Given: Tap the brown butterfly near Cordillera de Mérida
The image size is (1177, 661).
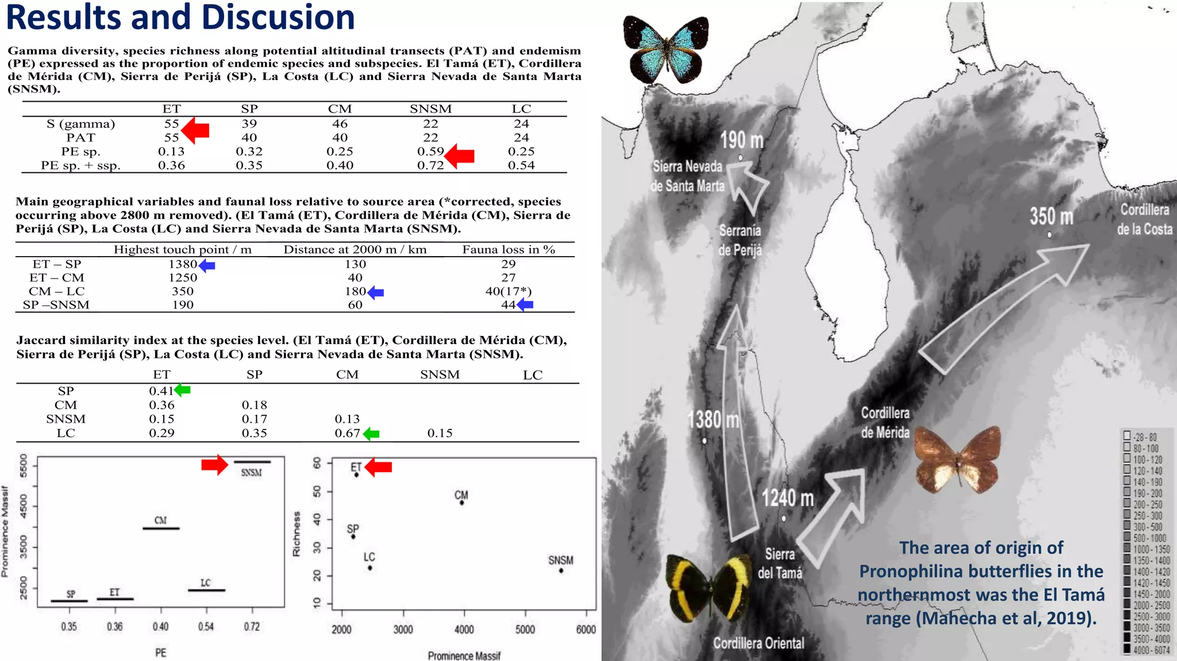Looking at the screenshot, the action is click(x=957, y=460).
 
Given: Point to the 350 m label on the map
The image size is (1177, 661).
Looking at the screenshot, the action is click(x=1051, y=216).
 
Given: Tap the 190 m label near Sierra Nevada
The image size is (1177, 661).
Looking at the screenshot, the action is click(x=741, y=140).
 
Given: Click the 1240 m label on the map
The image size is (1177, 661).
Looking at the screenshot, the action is click(x=788, y=497).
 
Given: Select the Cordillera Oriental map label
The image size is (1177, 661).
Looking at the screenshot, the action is click(x=759, y=643).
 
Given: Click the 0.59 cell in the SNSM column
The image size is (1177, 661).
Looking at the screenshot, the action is click(x=430, y=152).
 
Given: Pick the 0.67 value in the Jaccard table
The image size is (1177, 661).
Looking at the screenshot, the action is click(x=347, y=433).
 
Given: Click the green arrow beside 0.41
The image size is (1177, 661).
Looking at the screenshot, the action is click(x=182, y=390).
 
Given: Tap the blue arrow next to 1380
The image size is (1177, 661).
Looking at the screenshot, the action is click(x=207, y=265).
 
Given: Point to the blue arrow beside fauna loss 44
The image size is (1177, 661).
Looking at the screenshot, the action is click(x=525, y=305).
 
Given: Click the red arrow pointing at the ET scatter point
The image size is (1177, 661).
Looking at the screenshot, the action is click(x=378, y=467).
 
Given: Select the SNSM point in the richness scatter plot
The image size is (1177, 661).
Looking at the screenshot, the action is click(x=561, y=570).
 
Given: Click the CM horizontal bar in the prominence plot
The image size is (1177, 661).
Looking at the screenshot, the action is click(x=161, y=528).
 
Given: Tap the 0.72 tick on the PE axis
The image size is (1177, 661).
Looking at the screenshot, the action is click(x=252, y=626).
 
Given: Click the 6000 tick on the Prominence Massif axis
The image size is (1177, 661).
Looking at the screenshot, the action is click(x=586, y=629).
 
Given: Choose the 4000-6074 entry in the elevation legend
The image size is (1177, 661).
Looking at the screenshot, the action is click(x=1147, y=650).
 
